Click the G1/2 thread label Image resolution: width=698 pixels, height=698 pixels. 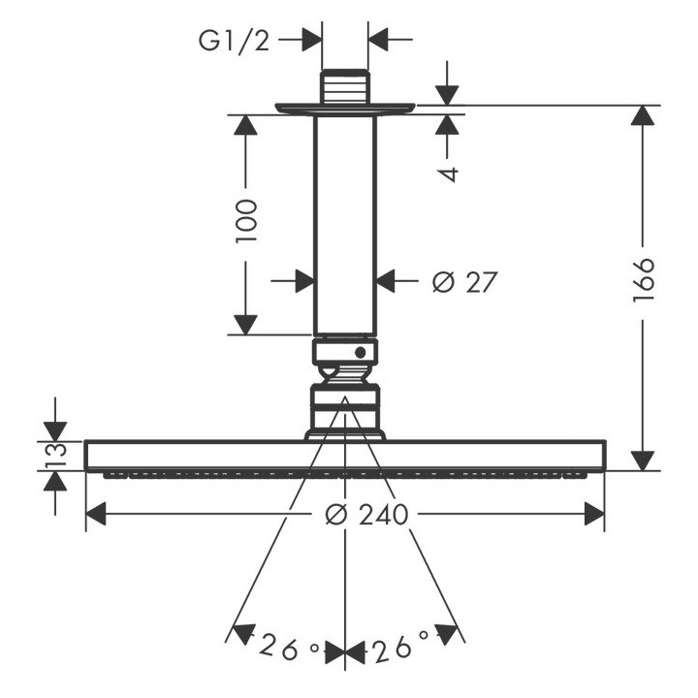[x=234, y=40]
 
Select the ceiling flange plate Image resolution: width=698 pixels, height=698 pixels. [x=345, y=108]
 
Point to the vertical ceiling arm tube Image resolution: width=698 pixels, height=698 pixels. [x=345, y=223]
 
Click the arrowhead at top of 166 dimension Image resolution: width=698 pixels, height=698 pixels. [x=641, y=116]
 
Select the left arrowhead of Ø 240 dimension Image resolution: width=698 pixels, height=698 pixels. [x=98, y=515]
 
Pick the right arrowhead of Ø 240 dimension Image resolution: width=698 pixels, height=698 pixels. [x=594, y=515]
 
